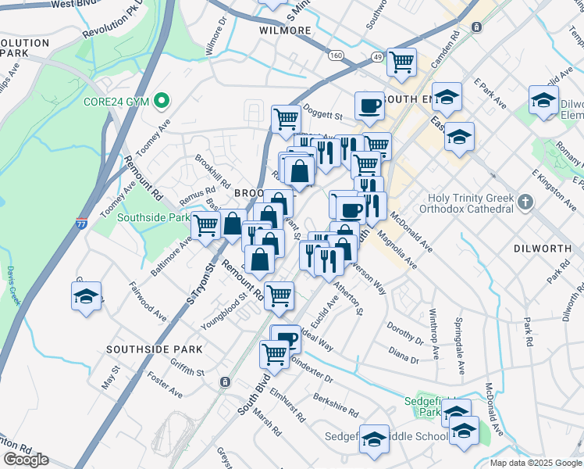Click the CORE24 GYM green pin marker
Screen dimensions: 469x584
(x=162, y=101)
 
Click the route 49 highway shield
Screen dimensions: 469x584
(x=377, y=57)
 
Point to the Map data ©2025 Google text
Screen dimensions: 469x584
(x=536, y=463)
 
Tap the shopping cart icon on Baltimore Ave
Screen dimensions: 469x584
(x=205, y=227)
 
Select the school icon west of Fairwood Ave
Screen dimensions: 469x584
(x=86, y=296)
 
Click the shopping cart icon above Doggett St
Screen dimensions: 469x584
(x=287, y=119)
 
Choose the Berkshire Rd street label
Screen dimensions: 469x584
(x=337, y=404)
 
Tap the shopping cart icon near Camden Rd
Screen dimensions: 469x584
(x=401, y=62)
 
